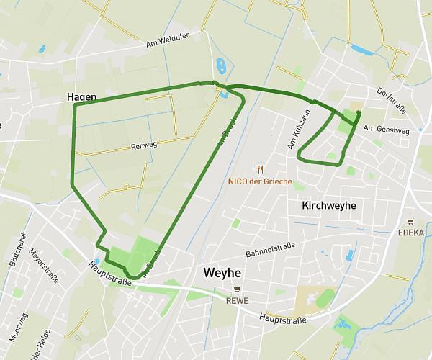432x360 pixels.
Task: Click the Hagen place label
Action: tap(81, 96)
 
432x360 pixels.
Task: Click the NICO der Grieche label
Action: tap(260, 181)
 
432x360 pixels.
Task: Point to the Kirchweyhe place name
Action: tap(328, 205)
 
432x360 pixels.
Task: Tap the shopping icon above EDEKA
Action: tap(410, 222)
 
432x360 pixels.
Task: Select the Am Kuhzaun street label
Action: tap(297, 130)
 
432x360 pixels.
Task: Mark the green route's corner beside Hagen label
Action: tap(75, 105)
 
